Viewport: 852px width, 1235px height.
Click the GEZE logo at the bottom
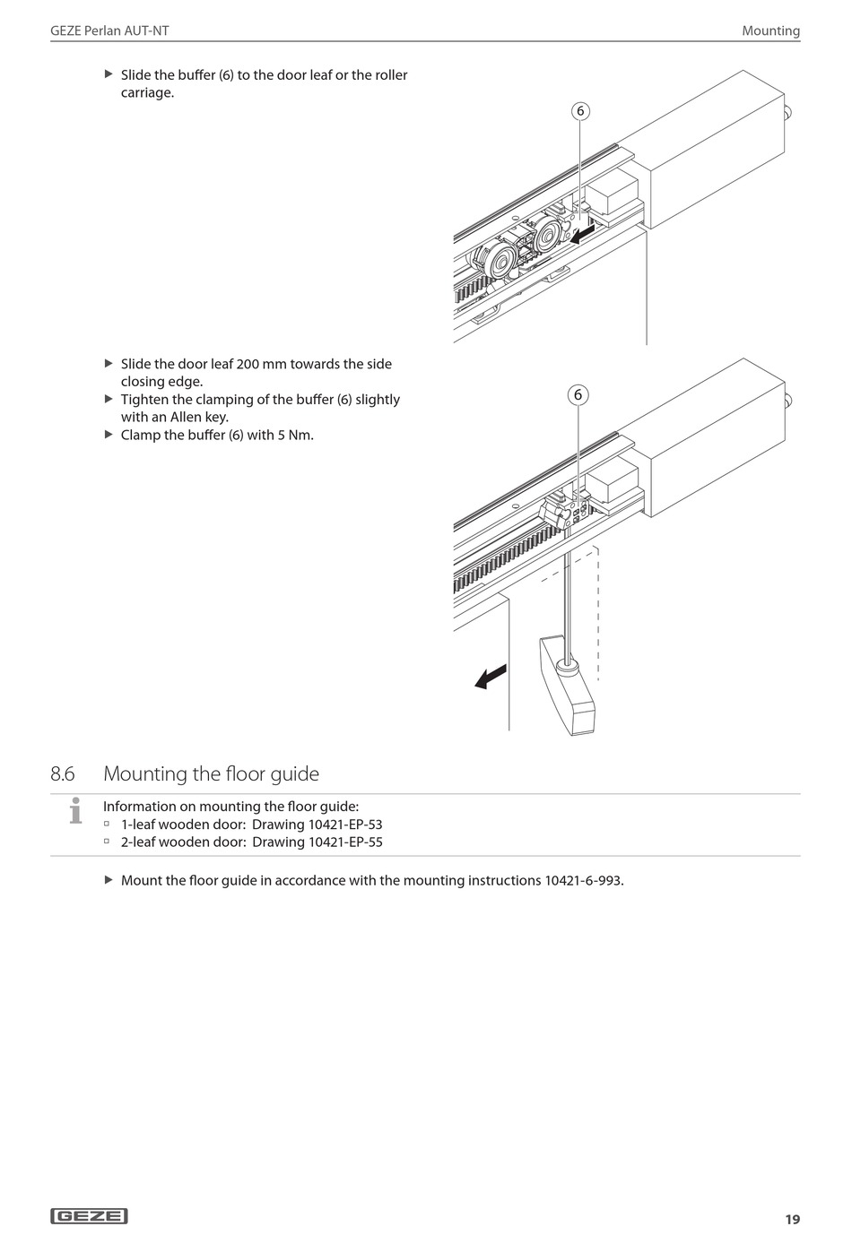90,1216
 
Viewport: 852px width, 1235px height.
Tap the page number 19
792,1219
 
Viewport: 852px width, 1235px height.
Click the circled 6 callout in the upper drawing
580,111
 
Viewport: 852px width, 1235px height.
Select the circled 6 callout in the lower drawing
578,395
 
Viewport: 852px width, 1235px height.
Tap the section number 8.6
63,773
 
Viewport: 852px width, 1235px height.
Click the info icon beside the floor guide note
75,810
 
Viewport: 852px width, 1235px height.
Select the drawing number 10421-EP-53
345,825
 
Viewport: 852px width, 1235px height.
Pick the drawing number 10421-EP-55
345,842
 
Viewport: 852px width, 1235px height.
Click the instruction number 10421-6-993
582,880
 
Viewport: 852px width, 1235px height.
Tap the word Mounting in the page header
770,30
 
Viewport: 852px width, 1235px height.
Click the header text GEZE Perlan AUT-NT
109,30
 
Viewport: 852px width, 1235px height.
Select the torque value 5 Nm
294,436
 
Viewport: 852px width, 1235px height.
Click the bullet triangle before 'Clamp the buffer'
109,435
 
